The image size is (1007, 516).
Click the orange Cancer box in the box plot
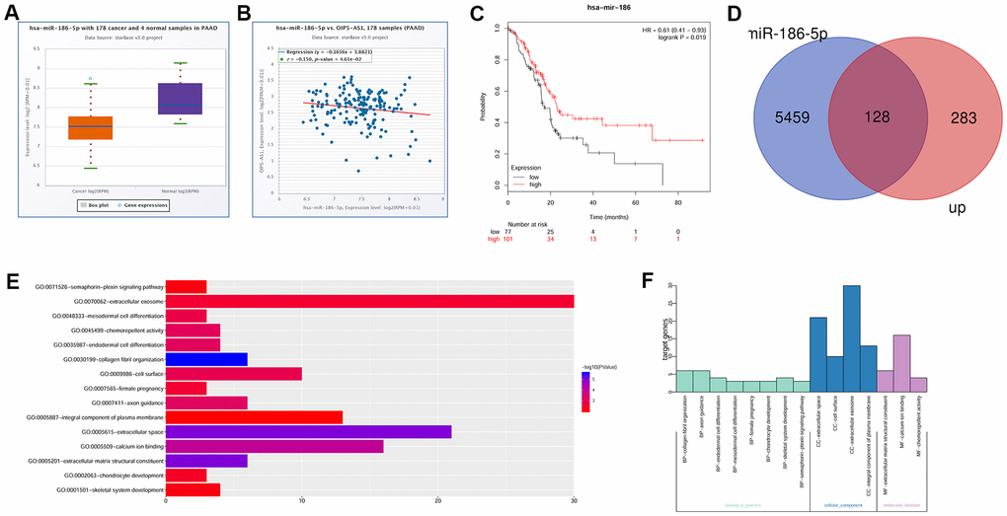click(91, 128)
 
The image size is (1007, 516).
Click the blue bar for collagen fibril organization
click(206, 359)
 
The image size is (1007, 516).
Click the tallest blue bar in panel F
click(851, 336)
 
